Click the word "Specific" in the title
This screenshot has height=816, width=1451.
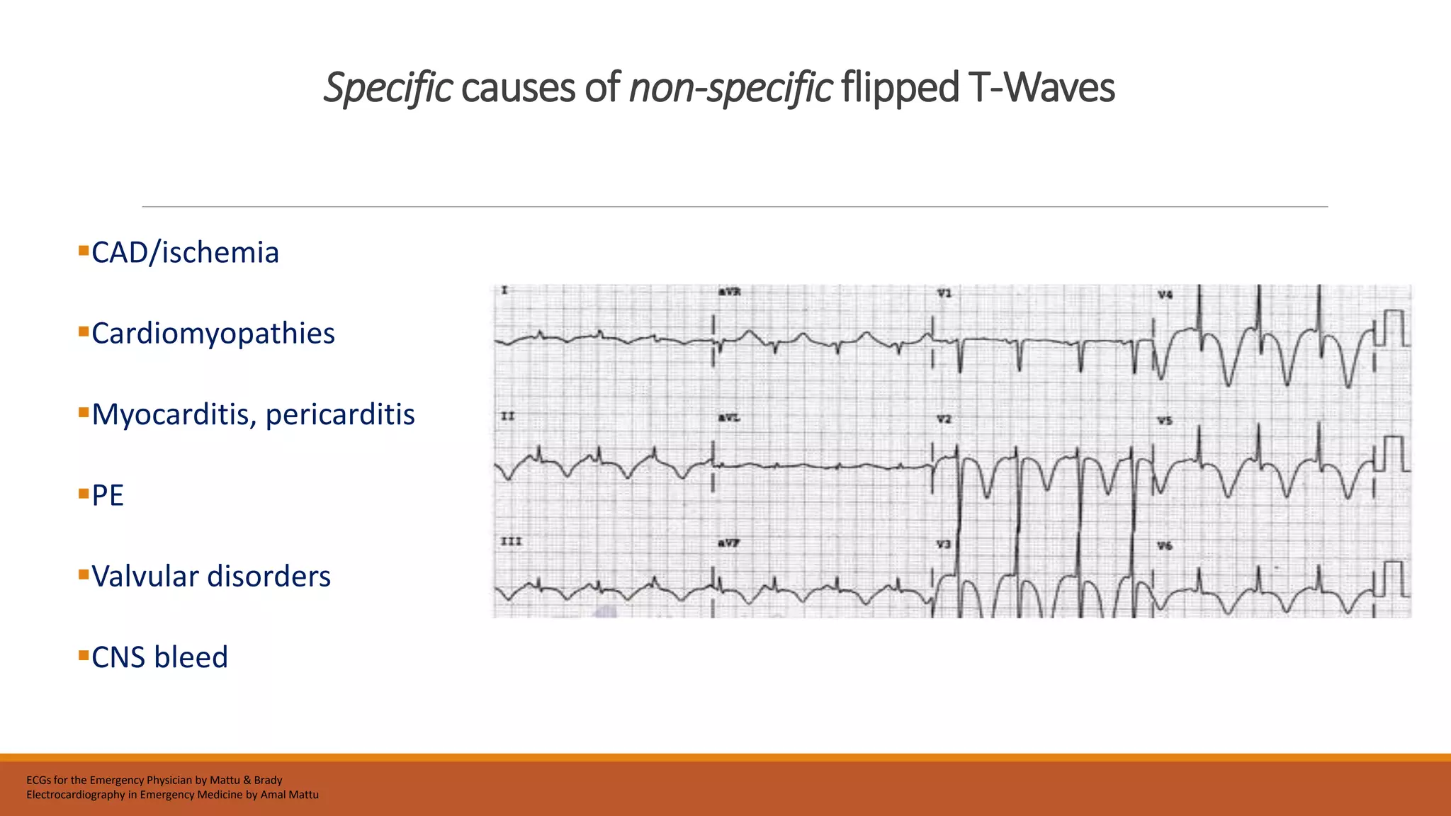[x=388, y=88]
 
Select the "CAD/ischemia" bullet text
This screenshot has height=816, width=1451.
[x=185, y=253]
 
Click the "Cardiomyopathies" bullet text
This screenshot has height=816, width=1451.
[x=213, y=334]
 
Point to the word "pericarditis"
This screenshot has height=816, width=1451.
[x=340, y=414]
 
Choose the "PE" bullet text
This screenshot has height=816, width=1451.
[x=108, y=496]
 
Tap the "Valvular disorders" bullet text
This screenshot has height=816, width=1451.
[x=211, y=577]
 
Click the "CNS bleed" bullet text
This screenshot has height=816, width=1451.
[x=159, y=657]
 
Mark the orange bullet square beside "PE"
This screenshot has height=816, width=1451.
[x=84, y=493]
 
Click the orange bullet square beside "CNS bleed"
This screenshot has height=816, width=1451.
[x=84, y=654]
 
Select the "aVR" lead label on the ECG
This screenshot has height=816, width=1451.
[x=729, y=292]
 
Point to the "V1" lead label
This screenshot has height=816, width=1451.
[x=944, y=293]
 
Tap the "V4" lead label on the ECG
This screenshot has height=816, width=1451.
[x=1165, y=295]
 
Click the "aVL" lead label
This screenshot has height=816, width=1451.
[x=729, y=418]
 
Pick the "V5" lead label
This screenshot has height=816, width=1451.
[x=1165, y=421]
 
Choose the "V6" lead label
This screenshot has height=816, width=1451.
[x=1165, y=545]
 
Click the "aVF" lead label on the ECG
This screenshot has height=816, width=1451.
[x=729, y=543]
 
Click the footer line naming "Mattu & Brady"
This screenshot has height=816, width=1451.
[x=154, y=780]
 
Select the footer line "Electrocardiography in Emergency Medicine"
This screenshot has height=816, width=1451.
[x=172, y=795]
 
